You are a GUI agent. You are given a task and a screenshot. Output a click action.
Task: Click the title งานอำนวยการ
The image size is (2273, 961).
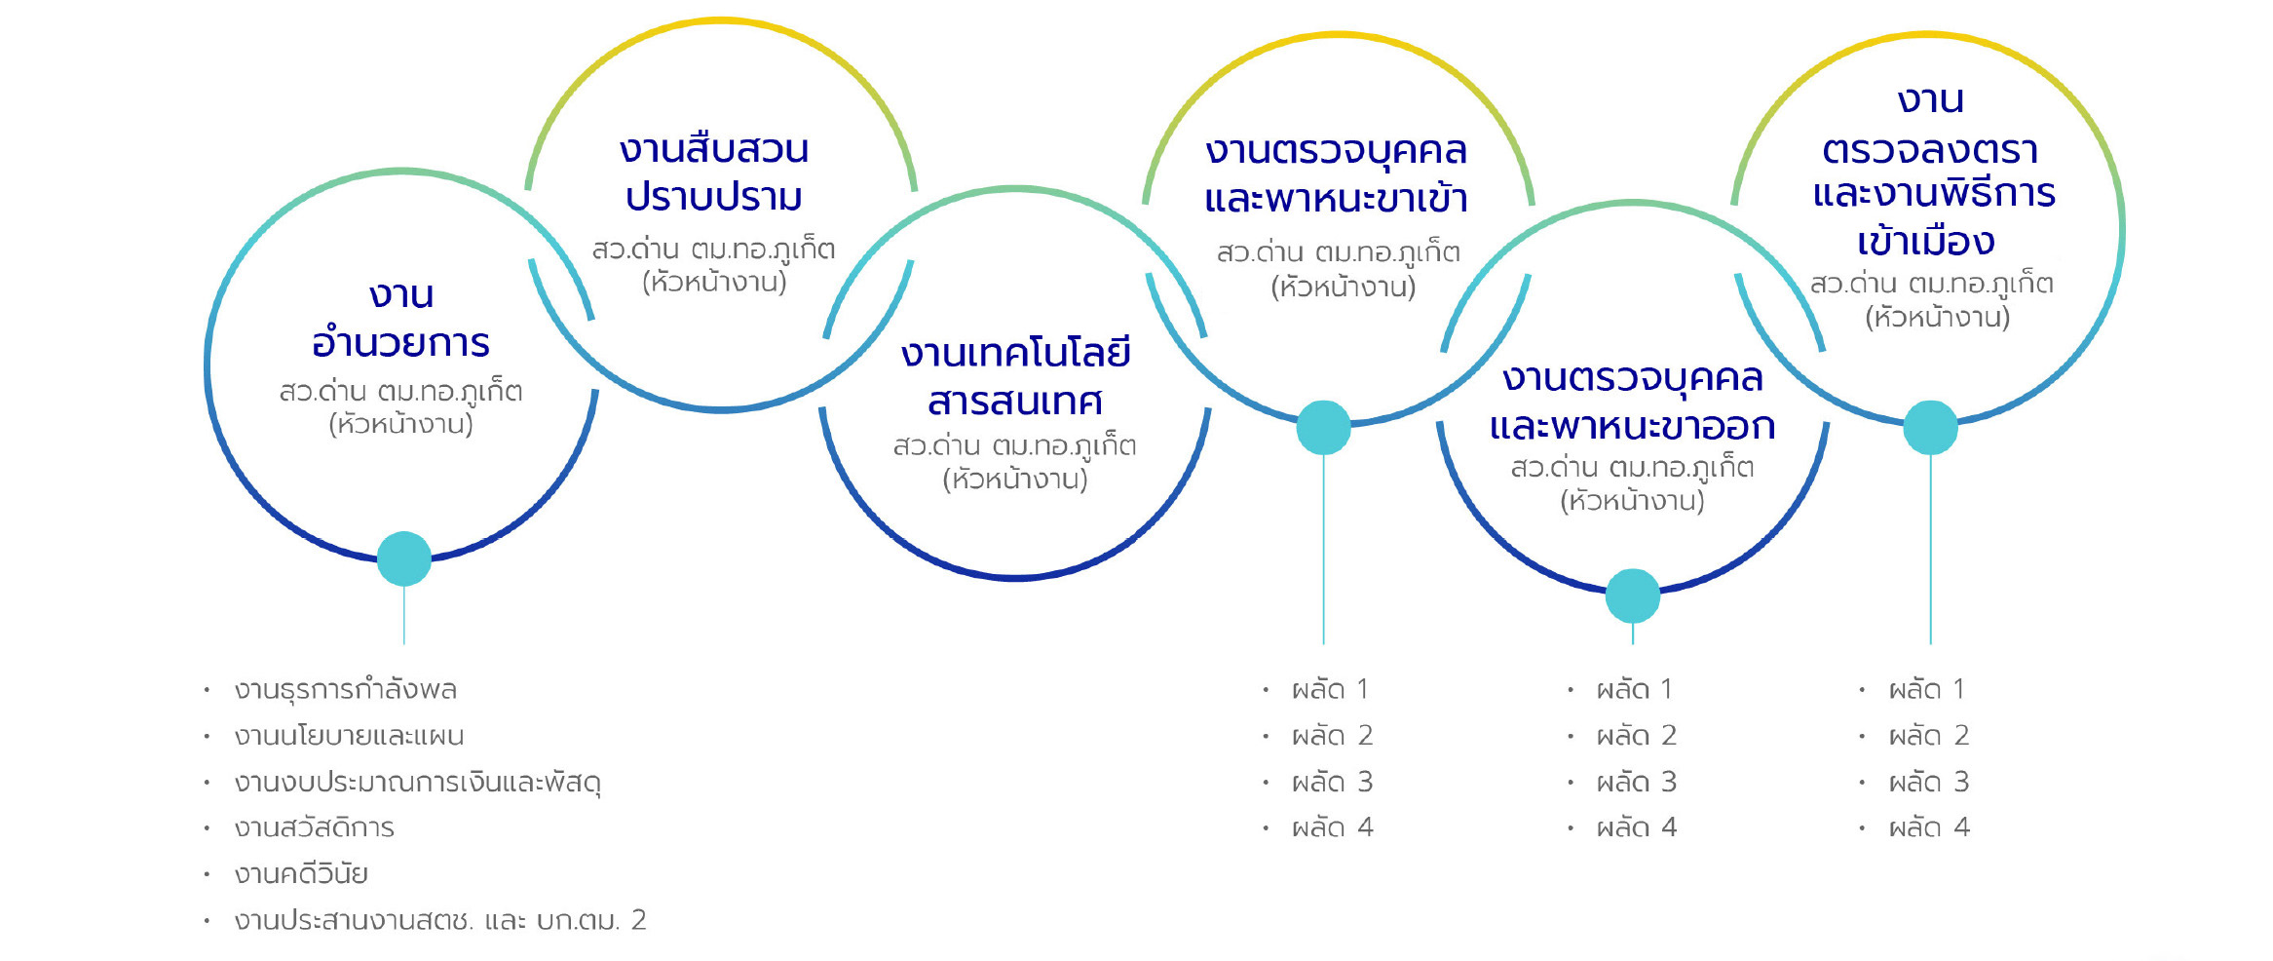point(400,319)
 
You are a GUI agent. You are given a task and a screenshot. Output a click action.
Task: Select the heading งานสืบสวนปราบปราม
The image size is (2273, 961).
point(714,173)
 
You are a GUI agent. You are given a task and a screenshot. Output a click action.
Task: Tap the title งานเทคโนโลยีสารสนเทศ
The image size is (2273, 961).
point(1015,376)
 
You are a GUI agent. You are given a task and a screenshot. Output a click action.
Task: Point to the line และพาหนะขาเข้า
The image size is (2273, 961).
point(1336,199)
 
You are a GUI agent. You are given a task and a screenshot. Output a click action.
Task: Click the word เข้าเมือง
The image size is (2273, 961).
point(1925,241)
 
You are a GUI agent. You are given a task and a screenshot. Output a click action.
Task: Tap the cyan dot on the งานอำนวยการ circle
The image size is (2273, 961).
point(404,558)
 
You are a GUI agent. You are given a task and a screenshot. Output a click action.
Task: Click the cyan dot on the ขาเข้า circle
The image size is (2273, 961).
point(1323,428)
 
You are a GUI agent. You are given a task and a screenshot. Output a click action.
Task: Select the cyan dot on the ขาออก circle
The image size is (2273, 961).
point(1633,596)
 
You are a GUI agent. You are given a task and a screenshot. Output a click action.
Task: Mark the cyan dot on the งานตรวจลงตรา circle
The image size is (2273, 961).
point(1931,428)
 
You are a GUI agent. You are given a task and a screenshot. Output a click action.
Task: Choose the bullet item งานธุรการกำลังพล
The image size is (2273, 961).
point(346,690)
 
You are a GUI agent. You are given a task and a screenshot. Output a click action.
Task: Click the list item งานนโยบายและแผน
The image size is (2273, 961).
point(349,736)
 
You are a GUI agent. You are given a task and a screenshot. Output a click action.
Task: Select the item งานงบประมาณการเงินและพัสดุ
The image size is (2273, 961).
point(417,783)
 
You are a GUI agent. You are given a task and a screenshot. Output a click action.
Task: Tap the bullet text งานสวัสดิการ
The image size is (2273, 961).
point(314,828)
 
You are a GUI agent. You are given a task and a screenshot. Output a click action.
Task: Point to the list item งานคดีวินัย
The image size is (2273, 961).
point(301,874)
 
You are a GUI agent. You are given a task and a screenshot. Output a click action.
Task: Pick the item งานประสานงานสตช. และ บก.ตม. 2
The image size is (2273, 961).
point(440,920)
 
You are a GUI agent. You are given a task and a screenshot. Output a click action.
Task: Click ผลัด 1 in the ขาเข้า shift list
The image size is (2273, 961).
point(1330,690)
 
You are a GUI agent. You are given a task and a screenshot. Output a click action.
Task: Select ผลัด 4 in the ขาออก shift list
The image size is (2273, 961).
point(1636,827)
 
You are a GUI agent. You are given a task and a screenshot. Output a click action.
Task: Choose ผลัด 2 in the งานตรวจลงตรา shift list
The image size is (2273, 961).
point(1929,736)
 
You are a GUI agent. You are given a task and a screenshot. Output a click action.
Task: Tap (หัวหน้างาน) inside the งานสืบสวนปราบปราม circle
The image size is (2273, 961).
point(714,283)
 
